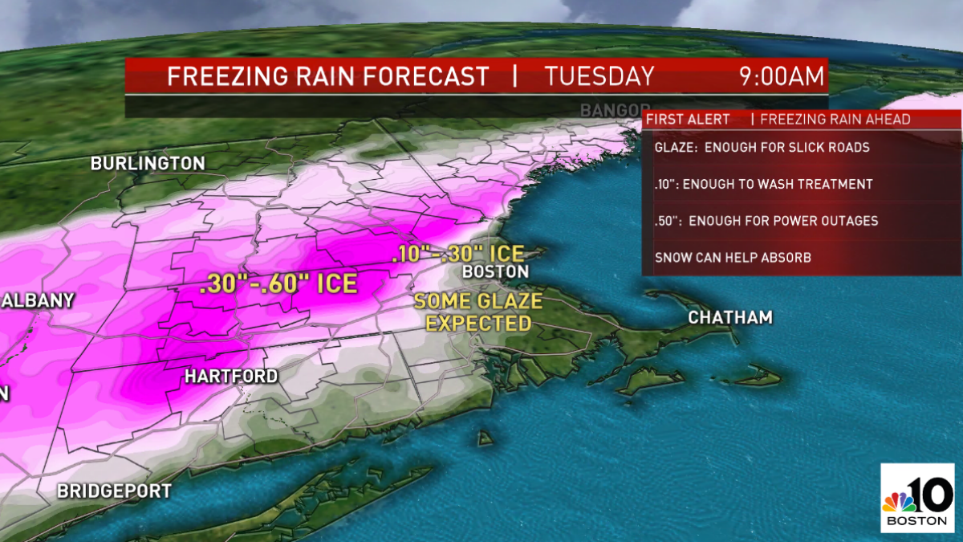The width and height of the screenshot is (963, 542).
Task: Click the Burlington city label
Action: tap(148, 164)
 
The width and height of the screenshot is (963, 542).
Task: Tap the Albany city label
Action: tap(38, 301)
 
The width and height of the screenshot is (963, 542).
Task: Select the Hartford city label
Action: tap(231, 377)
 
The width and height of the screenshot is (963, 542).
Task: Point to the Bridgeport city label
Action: tap(114, 491)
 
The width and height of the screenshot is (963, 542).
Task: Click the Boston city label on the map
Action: tap(495, 272)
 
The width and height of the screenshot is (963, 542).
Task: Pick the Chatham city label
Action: tap(730, 318)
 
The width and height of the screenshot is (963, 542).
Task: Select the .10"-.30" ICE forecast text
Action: tap(457, 255)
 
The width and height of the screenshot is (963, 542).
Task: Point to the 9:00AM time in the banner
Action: tap(782, 77)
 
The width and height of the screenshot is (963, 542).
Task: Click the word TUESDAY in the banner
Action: tap(599, 77)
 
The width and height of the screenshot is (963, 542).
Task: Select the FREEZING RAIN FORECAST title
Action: tap(327, 77)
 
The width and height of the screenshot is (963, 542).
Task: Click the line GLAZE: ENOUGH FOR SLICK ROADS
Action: tap(762, 148)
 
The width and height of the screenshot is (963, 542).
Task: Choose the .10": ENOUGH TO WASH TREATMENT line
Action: tap(763, 185)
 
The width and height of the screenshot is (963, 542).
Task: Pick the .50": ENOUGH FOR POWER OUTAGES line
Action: tap(766, 221)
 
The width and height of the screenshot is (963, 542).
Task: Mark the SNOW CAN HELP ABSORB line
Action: tap(734, 258)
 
